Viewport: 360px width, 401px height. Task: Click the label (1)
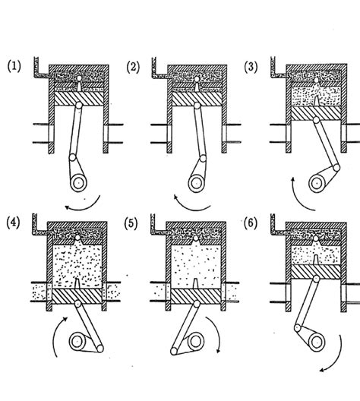point(14,67)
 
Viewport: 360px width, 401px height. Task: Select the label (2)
point(134,67)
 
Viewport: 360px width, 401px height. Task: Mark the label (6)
point(251,223)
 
